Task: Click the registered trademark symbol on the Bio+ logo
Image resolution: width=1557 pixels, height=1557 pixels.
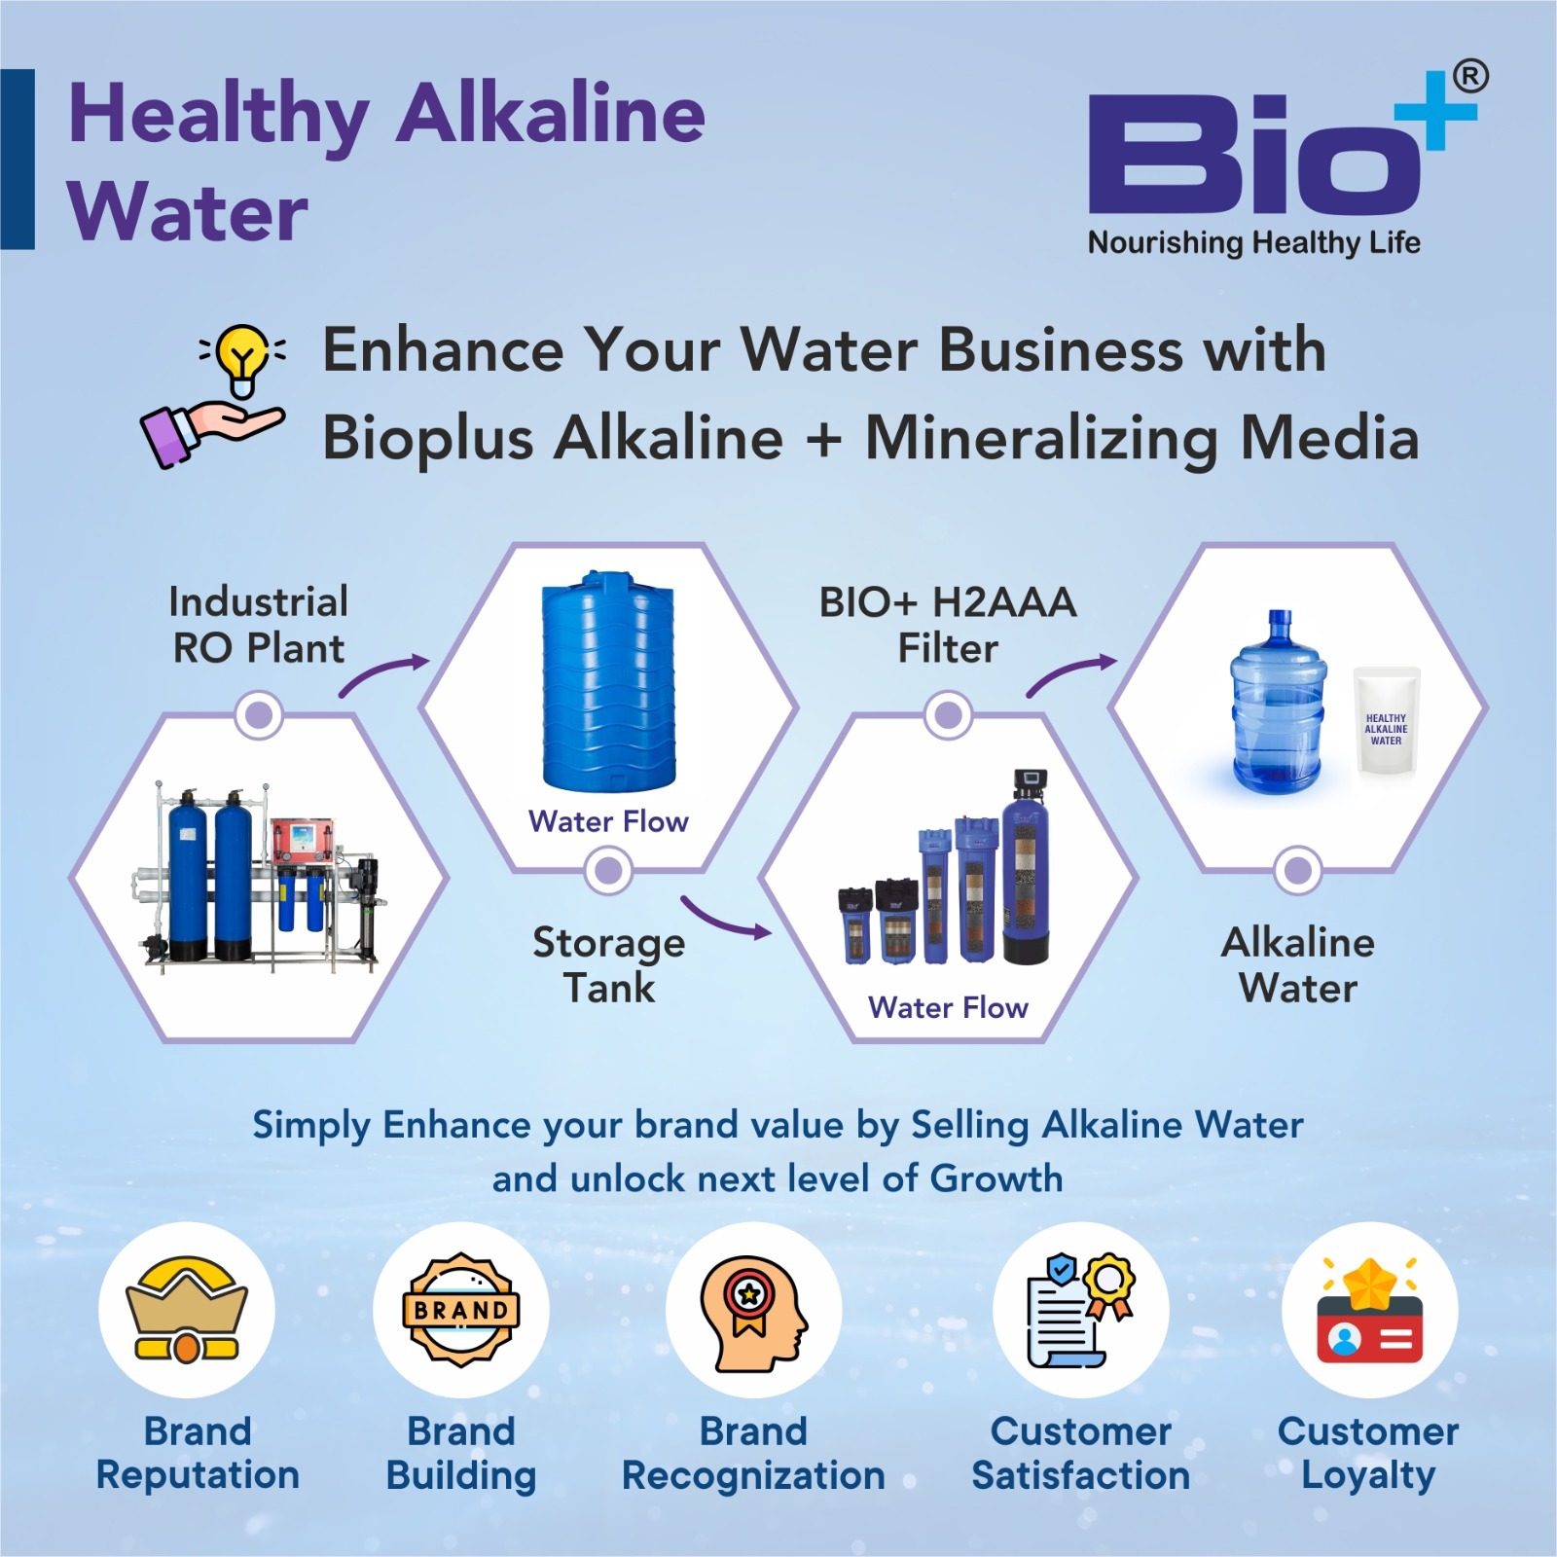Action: coord(1469,77)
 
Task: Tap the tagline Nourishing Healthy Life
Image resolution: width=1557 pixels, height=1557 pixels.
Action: coord(1253,242)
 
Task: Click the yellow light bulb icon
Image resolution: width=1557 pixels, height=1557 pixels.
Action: coord(242,357)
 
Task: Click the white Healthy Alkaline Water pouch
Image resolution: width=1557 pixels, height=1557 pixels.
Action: coord(1387,721)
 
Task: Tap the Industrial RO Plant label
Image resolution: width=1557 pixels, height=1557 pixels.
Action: coord(259,625)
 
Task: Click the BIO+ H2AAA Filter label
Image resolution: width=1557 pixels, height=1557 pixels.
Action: coord(948,625)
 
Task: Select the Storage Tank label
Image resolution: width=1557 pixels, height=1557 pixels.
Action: coord(609,964)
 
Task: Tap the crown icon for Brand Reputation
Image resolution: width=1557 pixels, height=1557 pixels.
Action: coord(187,1309)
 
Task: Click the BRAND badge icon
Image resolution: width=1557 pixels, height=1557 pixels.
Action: coord(461,1310)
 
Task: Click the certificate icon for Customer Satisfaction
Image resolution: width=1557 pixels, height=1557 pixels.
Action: coord(1080,1309)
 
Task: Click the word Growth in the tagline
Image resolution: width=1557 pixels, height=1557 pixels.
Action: coord(996,1178)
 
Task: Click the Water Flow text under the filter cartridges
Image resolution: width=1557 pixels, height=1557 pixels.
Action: coord(948,1007)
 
